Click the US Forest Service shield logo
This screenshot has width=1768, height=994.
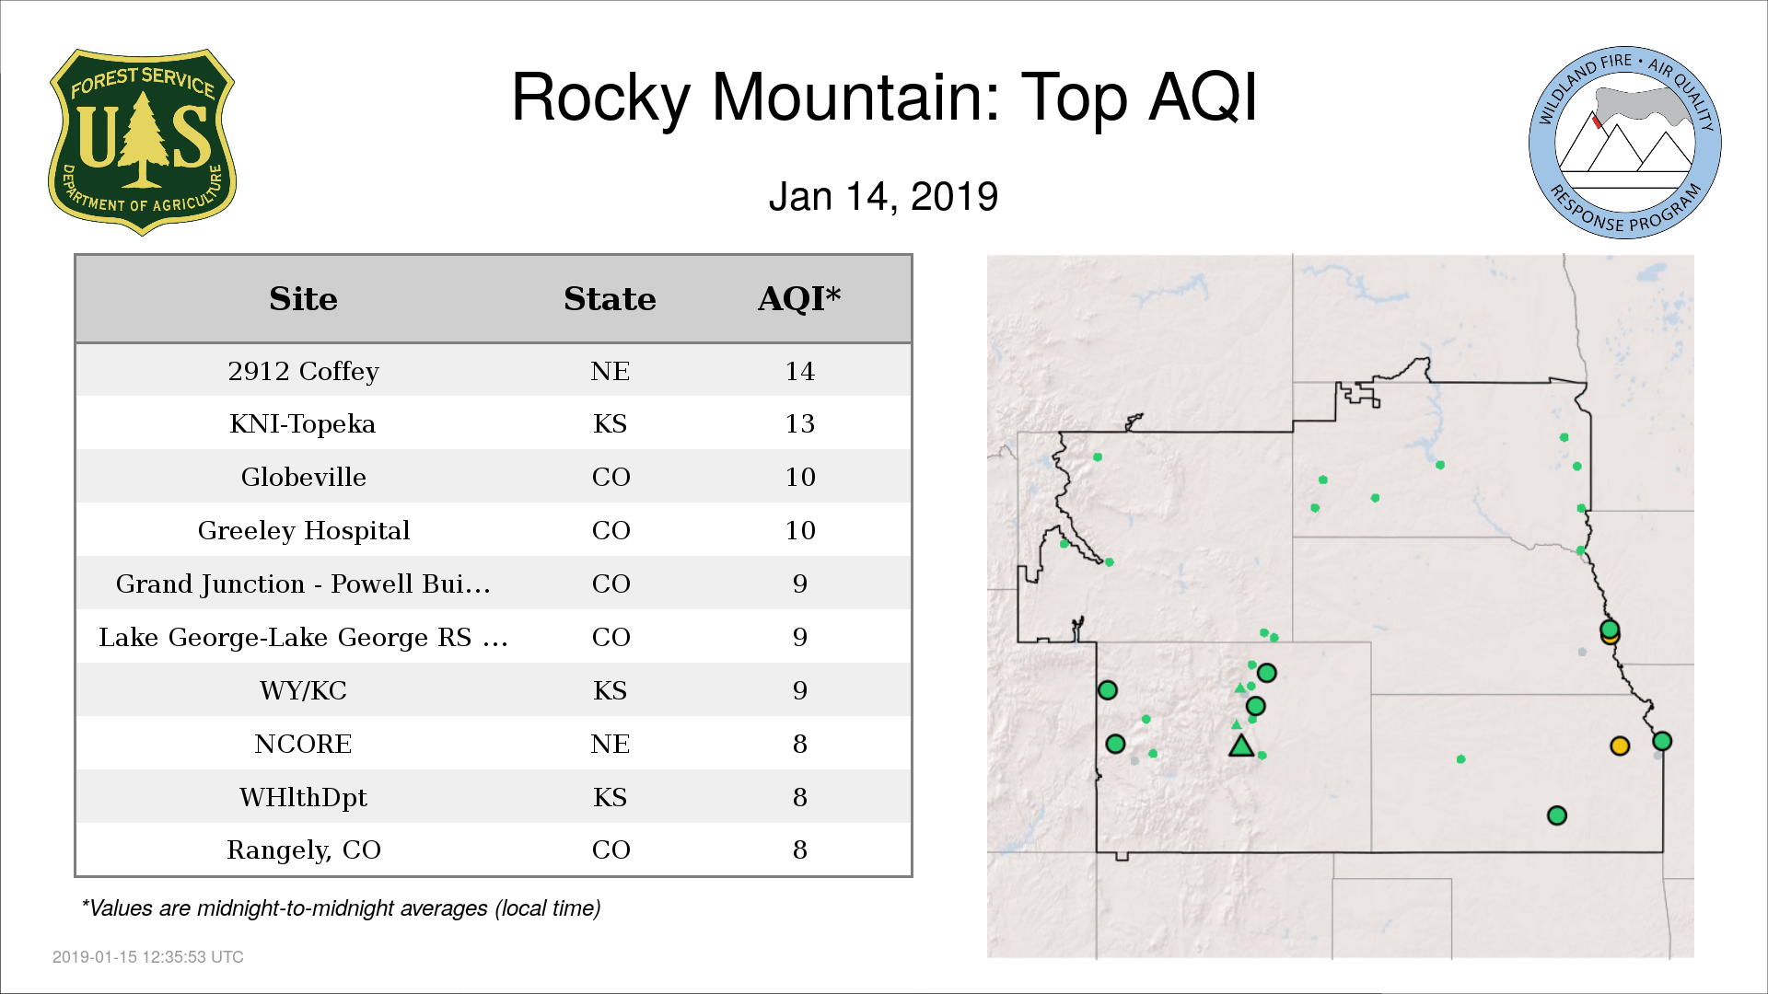(142, 143)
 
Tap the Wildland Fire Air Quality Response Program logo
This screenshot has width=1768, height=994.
(1625, 143)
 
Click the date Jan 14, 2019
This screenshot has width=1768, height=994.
(883, 197)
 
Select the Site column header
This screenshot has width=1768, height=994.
(303, 299)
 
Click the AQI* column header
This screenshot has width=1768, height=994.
(799, 299)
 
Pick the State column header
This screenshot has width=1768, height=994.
(610, 299)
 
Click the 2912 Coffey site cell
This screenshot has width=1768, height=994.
(303, 371)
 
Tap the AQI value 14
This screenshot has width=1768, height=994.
(799, 371)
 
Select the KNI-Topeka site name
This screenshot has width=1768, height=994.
(303, 423)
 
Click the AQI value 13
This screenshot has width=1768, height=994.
(799, 423)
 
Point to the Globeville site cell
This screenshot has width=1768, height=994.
(303, 477)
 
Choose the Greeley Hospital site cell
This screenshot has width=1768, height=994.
(303, 530)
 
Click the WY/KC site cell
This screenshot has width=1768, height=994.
(303, 690)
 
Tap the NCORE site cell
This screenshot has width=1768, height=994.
(303, 744)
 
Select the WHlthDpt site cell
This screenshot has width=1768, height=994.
(303, 797)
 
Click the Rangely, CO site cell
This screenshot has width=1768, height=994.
(303, 850)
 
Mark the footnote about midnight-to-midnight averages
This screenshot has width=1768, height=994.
(341, 908)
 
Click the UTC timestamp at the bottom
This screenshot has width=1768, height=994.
(148, 957)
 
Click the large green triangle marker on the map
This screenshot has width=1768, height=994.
(1241, 746)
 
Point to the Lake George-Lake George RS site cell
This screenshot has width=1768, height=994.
(303, 637)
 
